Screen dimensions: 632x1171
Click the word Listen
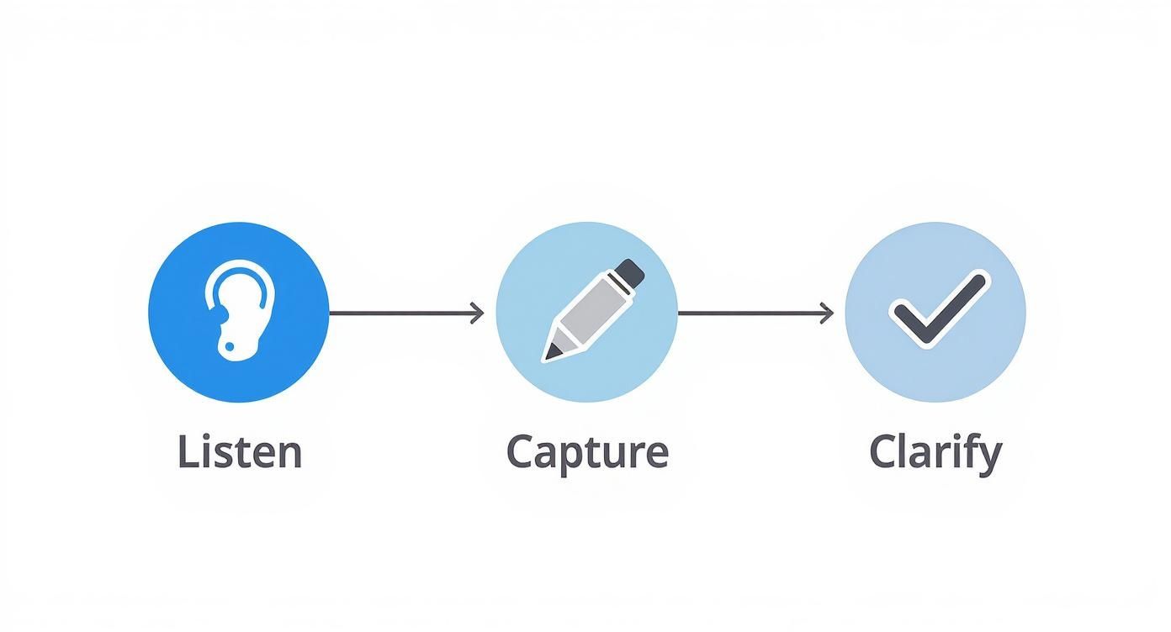pyautogui.click(x=240, y=452)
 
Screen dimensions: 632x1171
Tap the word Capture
pyautogui.click(x=587, y=452)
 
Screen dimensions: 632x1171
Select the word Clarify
pyautogui.click(x=935, y=452)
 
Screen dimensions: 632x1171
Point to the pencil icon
pyautogui.click(x=592, y=311)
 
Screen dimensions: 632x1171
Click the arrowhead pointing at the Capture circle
pyautogui.click(x=478, y=313)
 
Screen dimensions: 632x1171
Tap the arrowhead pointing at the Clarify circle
pyautogui.click(x=827, y=313)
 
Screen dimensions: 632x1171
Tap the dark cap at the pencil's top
pyautogui.click(x=629, y=271)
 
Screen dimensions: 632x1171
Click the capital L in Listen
pyautogui.click(x=187, y=452)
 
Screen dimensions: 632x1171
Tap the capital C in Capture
pyautogui.click(x=522, y=452)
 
